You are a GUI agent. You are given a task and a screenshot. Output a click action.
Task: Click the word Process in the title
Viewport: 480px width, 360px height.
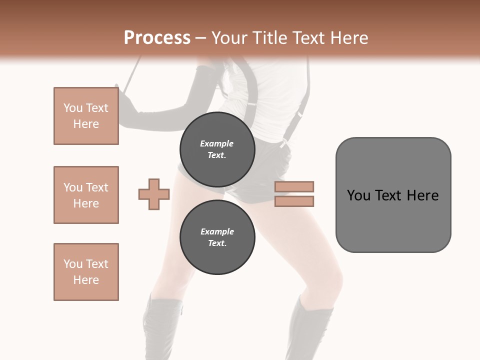(x=157, y=38)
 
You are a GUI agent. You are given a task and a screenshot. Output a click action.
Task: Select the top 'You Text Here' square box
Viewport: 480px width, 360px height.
(x=86, y=116)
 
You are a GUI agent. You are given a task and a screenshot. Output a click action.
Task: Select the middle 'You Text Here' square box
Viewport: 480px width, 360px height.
(x=86, y=195)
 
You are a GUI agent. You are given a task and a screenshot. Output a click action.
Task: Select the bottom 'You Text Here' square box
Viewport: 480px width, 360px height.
(x=86, y=272)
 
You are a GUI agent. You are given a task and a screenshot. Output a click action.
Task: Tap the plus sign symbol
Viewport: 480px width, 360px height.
(x=154, y=194)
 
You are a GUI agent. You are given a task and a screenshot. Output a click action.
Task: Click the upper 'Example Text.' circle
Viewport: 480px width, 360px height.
(x=217, y=149)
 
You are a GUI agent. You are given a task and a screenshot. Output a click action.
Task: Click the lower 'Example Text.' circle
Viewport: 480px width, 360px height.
(x=217, y=237)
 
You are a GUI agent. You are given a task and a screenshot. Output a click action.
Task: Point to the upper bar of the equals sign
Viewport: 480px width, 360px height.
(x=294, y=186)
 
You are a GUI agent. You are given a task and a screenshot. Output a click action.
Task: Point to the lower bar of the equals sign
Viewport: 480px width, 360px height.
(x=294, y=201)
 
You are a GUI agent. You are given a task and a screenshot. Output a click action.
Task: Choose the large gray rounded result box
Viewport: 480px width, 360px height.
(x=393, y=220)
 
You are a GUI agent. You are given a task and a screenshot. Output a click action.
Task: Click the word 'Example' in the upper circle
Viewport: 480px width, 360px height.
(x=217, y=144)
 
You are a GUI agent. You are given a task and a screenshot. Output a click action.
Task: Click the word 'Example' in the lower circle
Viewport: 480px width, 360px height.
(x=217, y=232)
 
